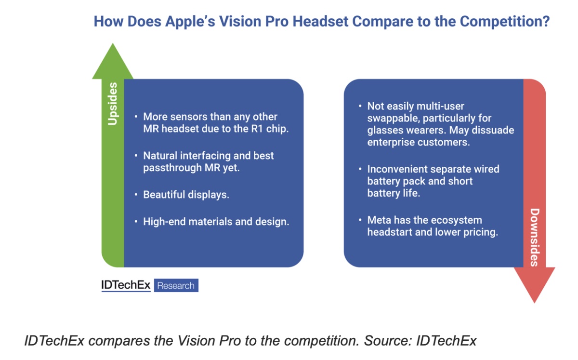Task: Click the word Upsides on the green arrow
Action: (113, 104)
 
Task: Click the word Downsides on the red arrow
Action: (535, 238)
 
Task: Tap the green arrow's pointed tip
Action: (113, 43)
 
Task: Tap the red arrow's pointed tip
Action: (534, 303)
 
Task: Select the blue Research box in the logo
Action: (176, 285)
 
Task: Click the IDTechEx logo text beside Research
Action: (126, 285)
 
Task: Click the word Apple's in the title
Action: (190, 22)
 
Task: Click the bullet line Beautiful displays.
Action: (186, 195)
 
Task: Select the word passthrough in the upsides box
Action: (172, 168)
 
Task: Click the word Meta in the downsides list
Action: (379, 220)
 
